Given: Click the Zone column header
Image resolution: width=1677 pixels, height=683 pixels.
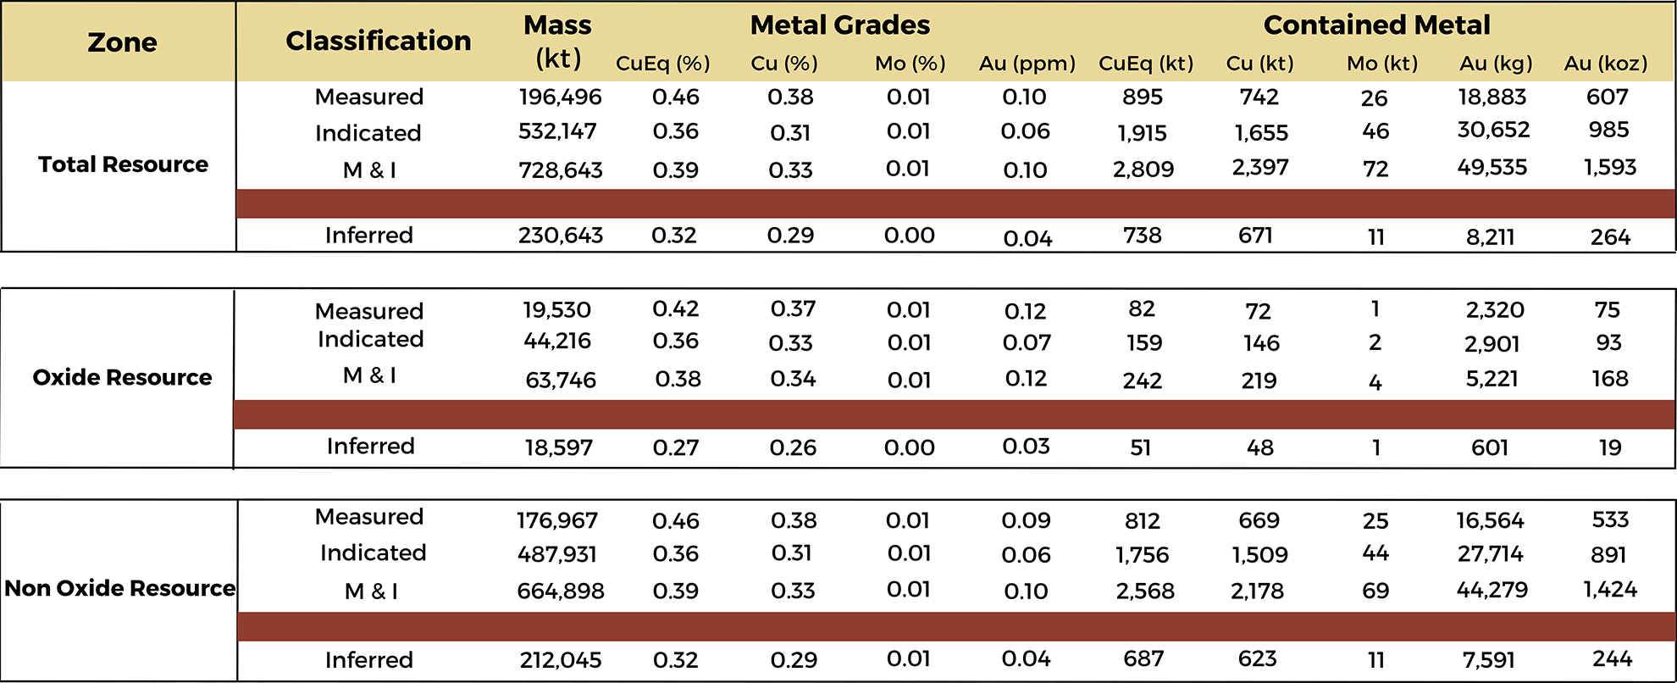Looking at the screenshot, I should click(x=122, y=42).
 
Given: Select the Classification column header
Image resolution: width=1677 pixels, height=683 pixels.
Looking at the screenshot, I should click(x=378, y=41).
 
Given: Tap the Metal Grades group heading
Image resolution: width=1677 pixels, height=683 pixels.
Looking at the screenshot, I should click(x=839, y=25).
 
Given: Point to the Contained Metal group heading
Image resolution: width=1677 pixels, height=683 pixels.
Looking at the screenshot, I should click(x=1376, y=25).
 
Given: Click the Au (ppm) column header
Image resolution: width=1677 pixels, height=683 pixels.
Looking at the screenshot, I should click(x=1027, y=64).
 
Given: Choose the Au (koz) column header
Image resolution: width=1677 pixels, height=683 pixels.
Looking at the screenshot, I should click(x=1605, y=64).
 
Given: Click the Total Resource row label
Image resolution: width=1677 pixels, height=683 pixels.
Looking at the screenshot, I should click(x=123, y=164).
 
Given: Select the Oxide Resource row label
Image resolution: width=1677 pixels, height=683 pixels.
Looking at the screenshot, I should click(x=122, y=377).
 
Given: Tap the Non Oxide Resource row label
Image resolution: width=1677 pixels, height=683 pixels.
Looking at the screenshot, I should click(x=119, y=588).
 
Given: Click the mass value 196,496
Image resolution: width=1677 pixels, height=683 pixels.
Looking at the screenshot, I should click(x=560, y=97).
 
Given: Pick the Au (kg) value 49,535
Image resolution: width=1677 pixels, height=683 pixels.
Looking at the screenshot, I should click(x=1492, y=167).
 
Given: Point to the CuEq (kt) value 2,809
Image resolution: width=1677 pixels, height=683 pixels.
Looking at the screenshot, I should click(x=1143, y=169).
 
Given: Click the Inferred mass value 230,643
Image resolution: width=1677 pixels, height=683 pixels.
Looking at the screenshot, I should click(x=560, y=236).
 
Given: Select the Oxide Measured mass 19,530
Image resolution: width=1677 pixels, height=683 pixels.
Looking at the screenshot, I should click(x=556, y=310).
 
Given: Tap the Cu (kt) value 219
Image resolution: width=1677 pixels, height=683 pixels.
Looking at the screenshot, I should click(x=1259, y=380).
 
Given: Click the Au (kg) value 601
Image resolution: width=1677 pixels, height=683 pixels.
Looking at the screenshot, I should click(x=1489, y=447).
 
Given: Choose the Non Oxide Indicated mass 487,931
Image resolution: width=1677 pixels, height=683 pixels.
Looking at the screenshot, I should click(x=556, y=554).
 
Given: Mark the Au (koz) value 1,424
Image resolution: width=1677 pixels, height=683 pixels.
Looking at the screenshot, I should click(x=1609, y=589).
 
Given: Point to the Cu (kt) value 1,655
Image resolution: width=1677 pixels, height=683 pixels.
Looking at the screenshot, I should click(x=1260, y=133).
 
